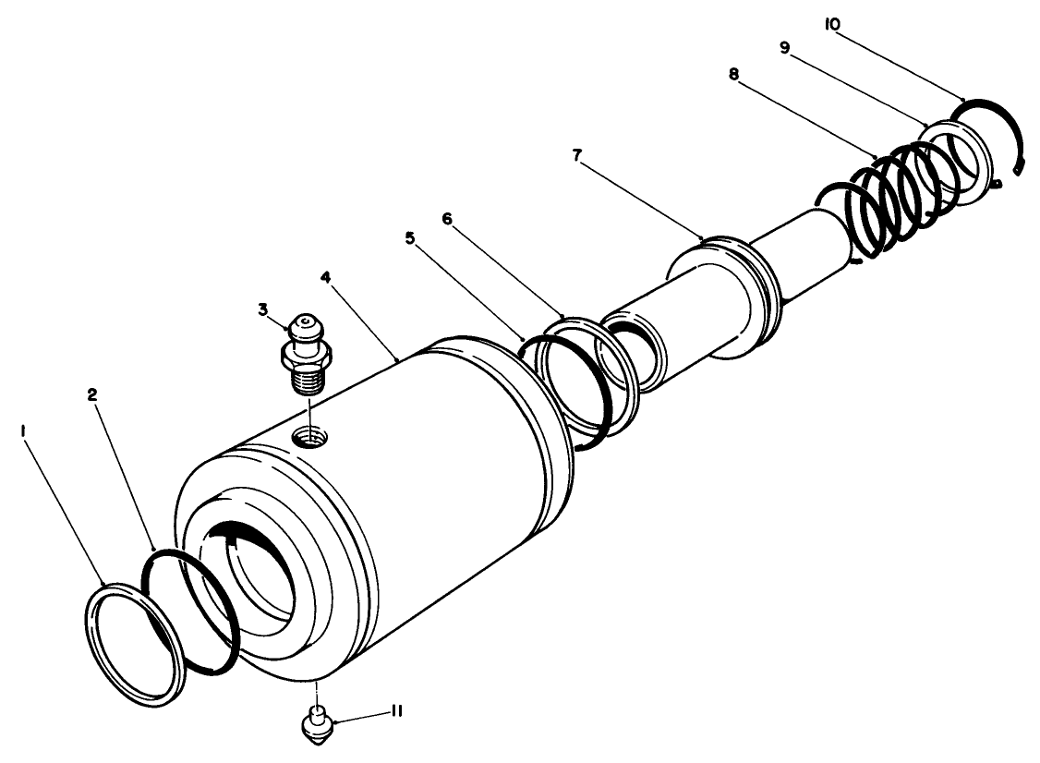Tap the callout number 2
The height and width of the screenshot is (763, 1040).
click(92, 394)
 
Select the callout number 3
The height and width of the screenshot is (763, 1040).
click(263, 309)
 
